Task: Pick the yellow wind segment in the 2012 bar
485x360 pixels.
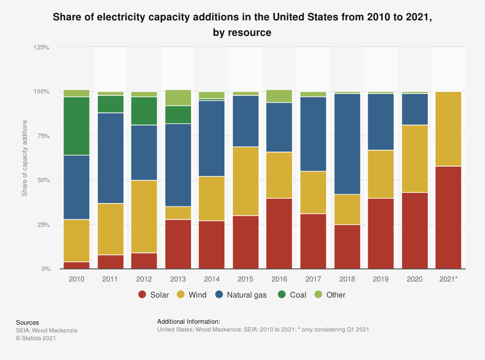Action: pos(145,217)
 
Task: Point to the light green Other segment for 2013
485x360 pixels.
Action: pos(178,98)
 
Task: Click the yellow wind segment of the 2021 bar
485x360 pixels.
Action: pos(449,129)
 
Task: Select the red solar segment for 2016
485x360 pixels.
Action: pos(279,233)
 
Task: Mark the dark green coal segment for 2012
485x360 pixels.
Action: pos(145,111)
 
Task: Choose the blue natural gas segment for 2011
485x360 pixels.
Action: pos(111,158)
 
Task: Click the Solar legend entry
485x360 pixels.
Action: pos(154,295)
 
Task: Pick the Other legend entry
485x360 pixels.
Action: pos(329,295)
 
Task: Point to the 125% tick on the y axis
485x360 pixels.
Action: pos(41,47)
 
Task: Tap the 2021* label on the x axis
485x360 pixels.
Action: pos(449,280)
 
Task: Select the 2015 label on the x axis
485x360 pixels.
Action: pos(246,280)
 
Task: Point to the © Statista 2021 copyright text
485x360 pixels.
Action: pos(36,338)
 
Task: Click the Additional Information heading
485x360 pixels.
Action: pos(189,321)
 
